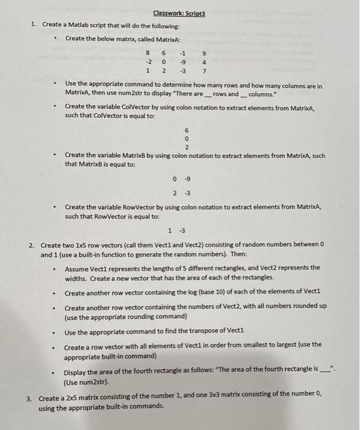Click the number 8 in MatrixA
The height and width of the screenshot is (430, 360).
tap(149, 53)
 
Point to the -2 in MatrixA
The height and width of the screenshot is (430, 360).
tap(148, 61)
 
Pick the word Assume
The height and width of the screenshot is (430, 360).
tap(77, 267)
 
